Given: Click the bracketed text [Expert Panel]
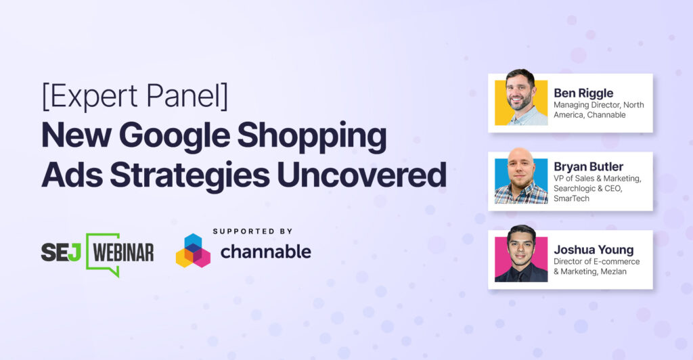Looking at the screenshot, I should point(134,98).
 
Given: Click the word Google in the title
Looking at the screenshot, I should point(200,137).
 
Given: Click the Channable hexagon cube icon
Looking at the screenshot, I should point(193,251).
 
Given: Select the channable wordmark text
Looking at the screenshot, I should point(265,252).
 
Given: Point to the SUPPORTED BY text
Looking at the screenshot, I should point(252,231).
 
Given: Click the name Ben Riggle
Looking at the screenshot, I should point(584,93).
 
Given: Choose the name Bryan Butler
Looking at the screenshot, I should point(587,166).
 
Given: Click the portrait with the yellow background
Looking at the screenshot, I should point(520,102).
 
